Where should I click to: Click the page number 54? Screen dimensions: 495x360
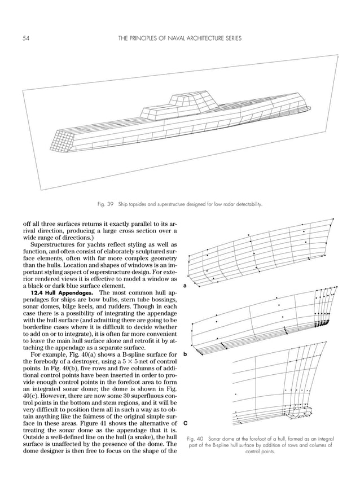26,38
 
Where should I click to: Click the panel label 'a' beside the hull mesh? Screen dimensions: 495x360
186,286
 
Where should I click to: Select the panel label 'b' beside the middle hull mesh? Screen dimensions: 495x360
186,354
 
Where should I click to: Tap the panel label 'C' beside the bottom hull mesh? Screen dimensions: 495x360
186,423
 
